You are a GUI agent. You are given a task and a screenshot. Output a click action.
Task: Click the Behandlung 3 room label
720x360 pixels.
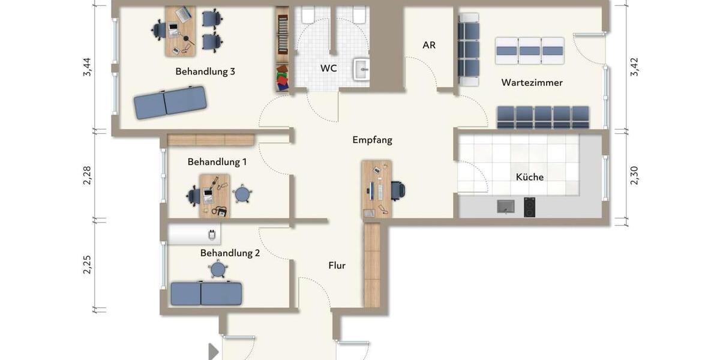(205, 71)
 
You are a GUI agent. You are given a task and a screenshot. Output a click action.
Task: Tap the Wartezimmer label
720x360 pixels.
(532, 83)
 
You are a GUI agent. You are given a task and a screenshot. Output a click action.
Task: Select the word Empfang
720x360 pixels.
(372, 140)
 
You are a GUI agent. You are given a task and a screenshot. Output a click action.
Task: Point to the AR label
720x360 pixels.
(428, 45)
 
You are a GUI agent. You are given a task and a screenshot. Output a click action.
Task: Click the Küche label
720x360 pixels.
(529, 177)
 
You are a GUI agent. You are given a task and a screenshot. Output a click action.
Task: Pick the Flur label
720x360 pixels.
(337, 265)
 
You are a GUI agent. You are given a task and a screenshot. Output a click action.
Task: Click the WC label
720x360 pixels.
(328, 68)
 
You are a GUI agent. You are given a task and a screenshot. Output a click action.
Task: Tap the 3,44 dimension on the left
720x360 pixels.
(88, 67)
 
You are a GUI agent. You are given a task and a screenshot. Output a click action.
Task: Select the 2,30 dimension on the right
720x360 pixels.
(634, 175)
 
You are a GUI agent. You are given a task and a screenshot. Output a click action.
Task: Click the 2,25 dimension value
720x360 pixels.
(88, 265)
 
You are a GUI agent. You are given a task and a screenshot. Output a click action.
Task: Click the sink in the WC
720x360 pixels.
(361, 70)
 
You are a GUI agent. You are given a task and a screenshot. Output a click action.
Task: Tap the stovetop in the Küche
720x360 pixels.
(529, 207)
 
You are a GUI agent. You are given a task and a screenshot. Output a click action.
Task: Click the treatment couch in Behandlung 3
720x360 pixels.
(170, 102)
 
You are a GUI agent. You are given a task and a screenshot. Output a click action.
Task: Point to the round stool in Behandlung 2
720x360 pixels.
(218, 270)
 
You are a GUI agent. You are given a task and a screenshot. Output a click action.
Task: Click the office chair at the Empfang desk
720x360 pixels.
(398, 190)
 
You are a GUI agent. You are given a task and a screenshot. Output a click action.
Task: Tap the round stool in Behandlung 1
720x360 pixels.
(242, 194)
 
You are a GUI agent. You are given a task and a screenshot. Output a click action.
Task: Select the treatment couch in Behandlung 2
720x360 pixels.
(206, 293)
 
